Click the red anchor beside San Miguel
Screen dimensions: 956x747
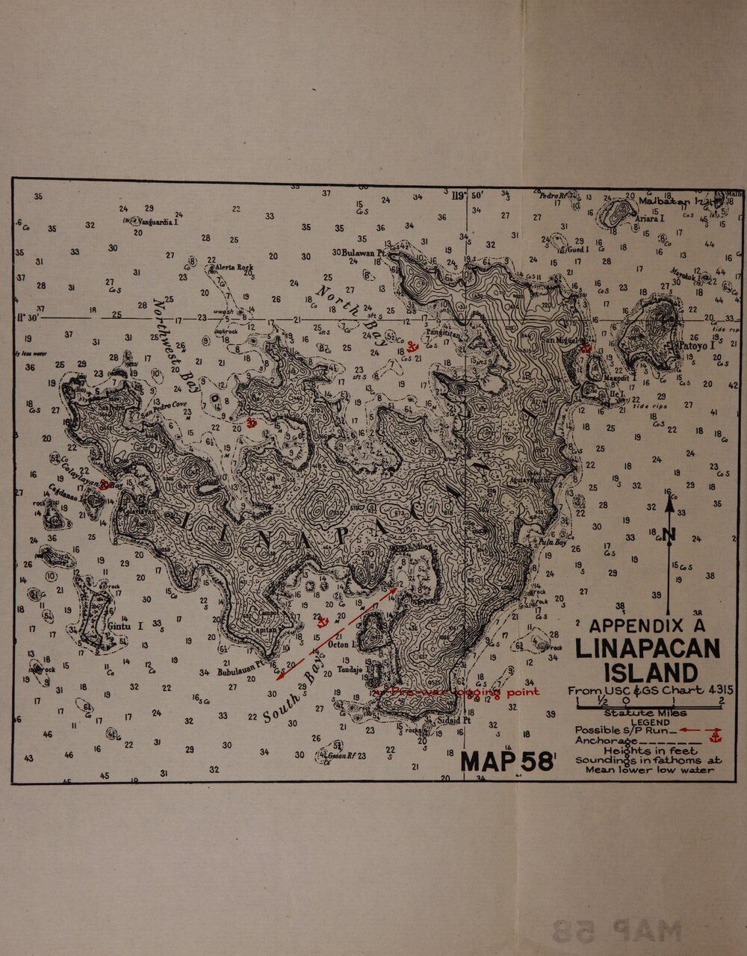pos(587,349)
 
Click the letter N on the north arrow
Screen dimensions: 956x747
pos(668,533)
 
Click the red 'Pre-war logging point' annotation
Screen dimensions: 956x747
pos(465,692)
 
